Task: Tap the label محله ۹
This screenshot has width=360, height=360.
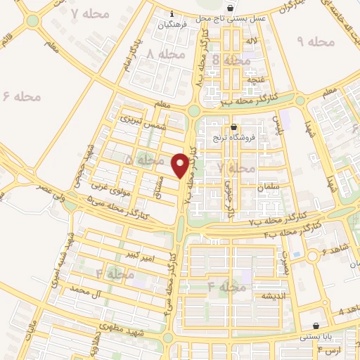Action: point(316,42)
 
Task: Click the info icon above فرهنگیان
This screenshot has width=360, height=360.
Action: point(174,13)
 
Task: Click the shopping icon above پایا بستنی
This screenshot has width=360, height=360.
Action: point(316,326)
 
